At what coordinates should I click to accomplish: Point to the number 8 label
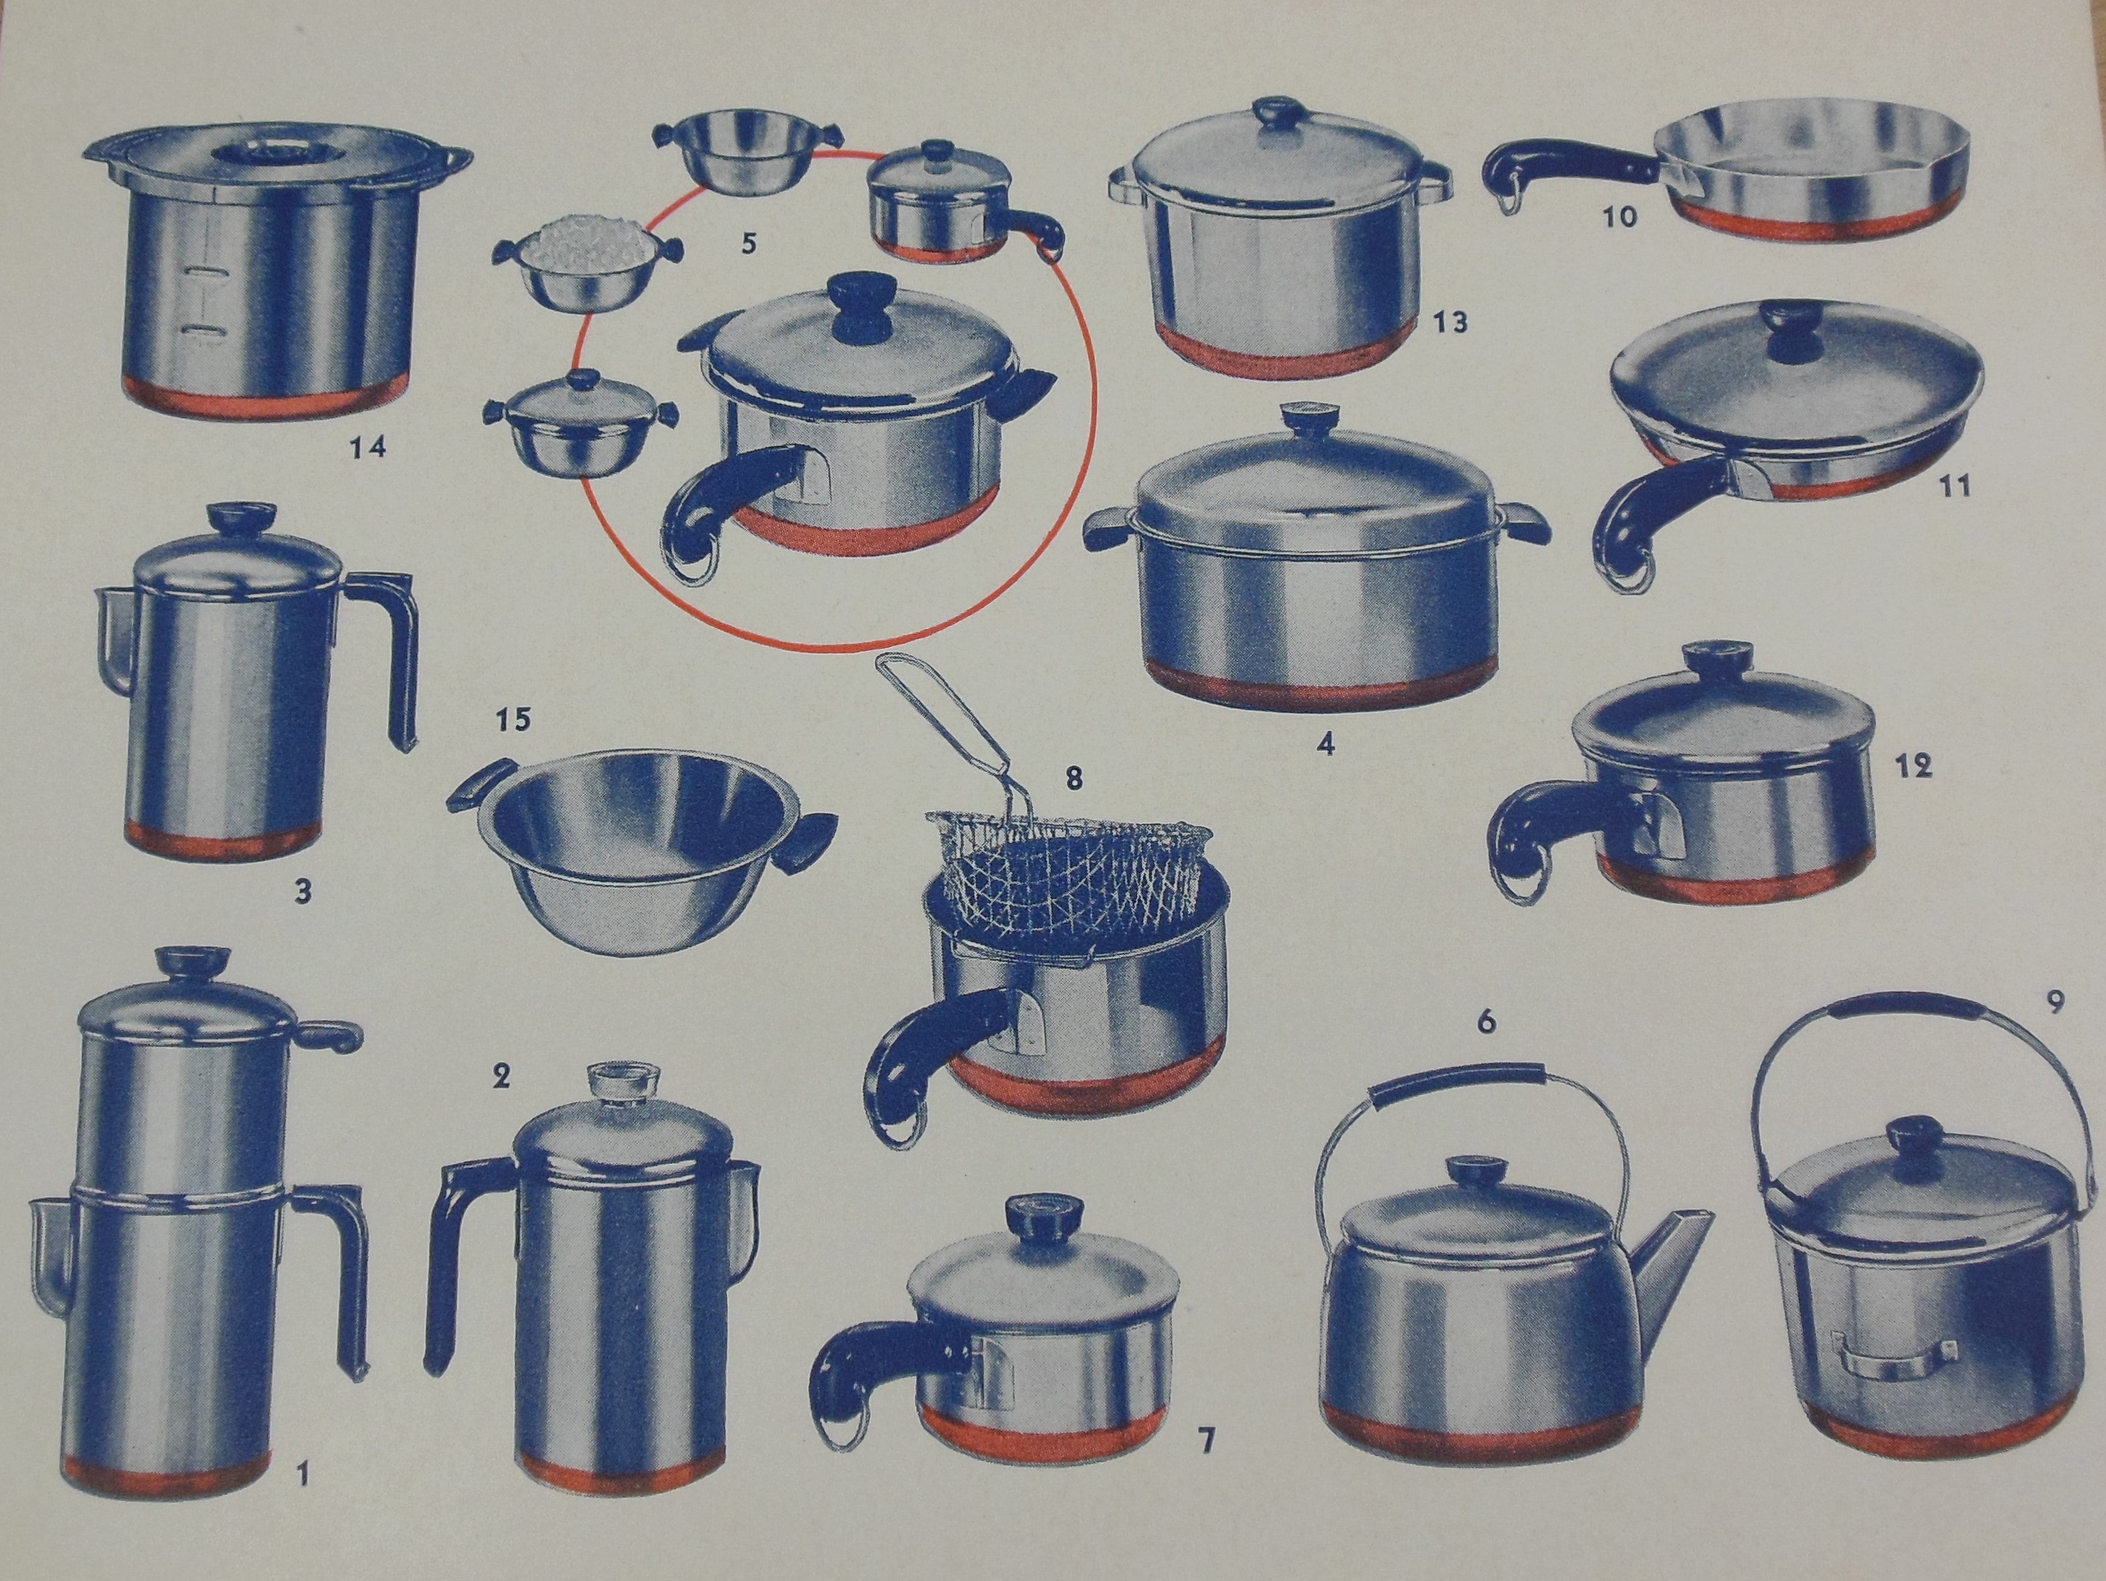[1074, 779]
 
